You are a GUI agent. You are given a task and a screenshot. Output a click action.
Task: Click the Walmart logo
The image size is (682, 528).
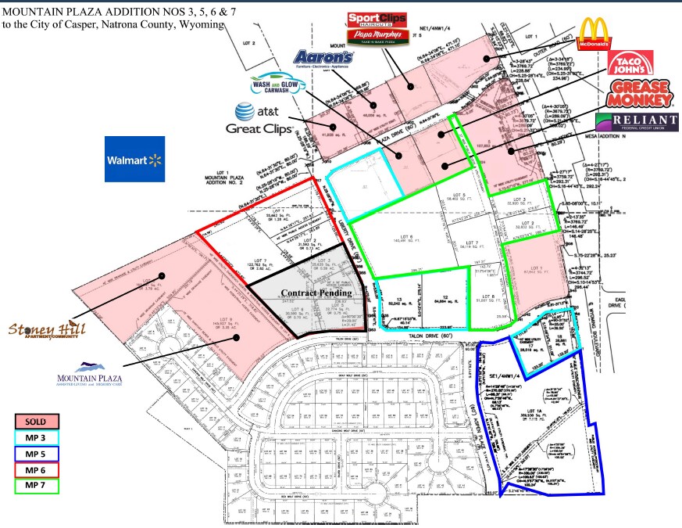tap(135, 160)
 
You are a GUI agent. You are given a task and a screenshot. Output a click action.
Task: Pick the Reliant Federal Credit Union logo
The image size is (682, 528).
tap(637, 123)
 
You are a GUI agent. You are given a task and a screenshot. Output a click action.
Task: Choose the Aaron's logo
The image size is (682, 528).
tap(323, 59)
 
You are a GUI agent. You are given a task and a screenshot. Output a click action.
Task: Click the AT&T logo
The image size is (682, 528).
tap(259, 113)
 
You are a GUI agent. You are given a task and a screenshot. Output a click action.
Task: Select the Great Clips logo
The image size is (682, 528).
tap(259, 128)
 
